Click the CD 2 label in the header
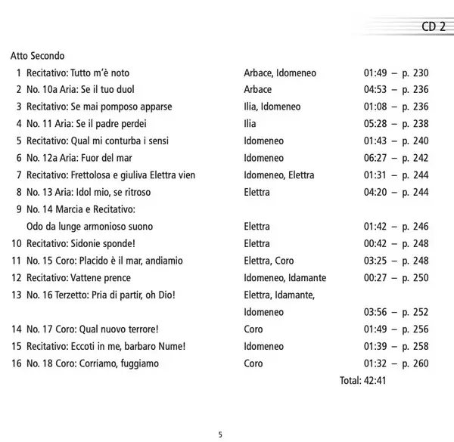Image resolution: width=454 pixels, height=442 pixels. tap(434, 27)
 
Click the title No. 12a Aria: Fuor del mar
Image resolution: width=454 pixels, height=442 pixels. tap(83, 158)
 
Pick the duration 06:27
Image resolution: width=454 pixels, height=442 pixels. tap(376, 158)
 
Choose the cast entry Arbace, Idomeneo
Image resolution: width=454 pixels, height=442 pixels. tap(280, 73)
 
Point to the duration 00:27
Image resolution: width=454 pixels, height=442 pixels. tap(376, 277)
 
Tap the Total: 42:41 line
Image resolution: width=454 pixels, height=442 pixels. tap(364, 380)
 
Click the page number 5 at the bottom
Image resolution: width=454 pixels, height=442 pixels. tap(220, 434)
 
